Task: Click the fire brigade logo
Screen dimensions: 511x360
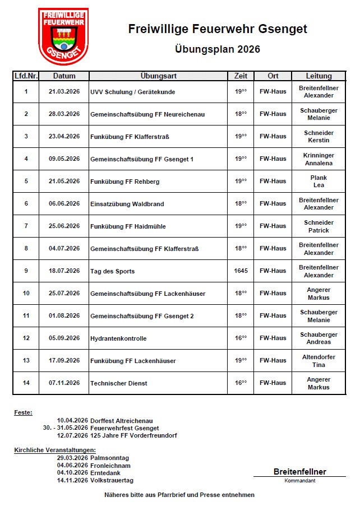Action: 63,36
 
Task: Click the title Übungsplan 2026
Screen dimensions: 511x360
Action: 218,49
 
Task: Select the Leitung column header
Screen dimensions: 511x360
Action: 319,76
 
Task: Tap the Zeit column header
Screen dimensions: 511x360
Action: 240,76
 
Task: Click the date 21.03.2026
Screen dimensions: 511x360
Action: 64,91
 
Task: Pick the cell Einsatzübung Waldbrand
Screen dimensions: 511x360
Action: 127,204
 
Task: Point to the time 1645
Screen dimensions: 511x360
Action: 241,271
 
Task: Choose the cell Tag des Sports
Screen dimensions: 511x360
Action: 112,271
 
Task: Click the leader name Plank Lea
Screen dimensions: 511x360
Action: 319,182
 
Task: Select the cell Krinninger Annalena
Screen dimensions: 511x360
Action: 319,159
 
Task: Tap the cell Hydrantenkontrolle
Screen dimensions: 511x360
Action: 118,338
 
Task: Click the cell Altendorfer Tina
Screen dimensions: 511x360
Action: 319,361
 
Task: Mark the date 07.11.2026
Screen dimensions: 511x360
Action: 64,383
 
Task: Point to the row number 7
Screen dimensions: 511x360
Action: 26,226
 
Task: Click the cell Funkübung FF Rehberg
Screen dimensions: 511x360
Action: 124,182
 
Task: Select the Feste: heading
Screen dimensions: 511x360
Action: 23,412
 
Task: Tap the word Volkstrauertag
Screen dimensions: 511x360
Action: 112,480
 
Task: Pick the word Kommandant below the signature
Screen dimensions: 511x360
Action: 299,481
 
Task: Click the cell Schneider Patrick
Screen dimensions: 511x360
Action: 319,226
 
